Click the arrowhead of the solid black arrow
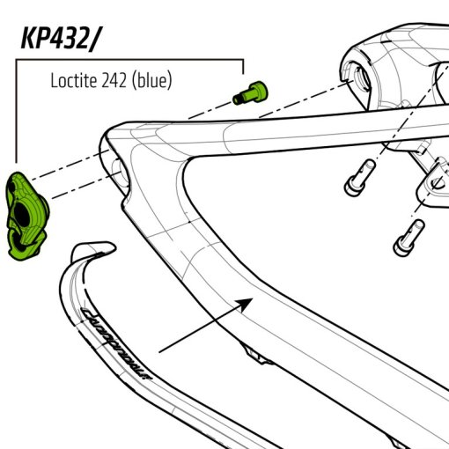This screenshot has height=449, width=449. [249, 302]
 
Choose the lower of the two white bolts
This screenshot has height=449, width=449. [406, 233]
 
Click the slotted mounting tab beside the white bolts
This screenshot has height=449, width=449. [432, 180]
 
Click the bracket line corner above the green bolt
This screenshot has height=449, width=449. [243, 60]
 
